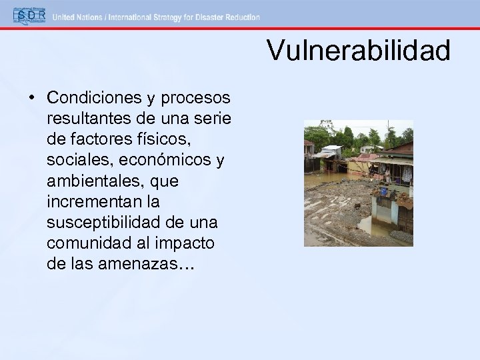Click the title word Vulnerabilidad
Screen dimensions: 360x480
pyautogui.click(x=358, y=51)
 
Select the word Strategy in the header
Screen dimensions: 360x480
pyautogui.click(x=162, y=17)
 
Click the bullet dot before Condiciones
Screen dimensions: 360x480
pyautogui.click(x=32, y=98)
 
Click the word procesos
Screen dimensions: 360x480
pyautogui.click(x=199, y=98)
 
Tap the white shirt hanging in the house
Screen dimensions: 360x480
pyautogui.click(x=406, y=175)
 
